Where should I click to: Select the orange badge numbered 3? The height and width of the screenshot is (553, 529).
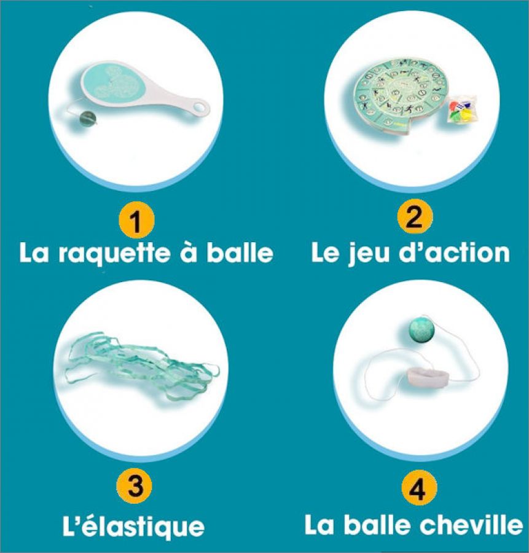tap(135, 487)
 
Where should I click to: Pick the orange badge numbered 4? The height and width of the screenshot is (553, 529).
tap(418, 488)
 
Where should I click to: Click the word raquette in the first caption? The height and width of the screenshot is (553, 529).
tap(114, 254)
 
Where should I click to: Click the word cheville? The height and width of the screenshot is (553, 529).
tap(472, 525)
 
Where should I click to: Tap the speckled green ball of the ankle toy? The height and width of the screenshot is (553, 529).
tap(422, 330)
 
